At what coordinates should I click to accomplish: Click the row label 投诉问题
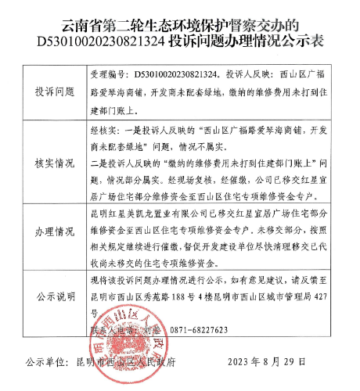(53, 91)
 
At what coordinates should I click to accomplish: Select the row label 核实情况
(53, 164)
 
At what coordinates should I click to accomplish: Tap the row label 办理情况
(53, 234)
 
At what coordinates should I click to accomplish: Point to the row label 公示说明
(53, 299)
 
